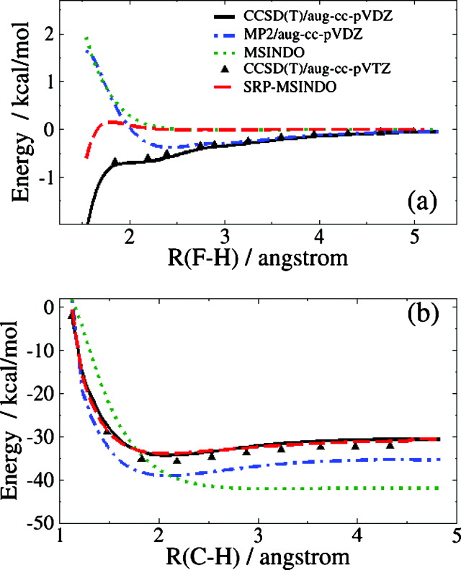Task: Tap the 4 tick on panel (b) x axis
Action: pyautogui.click(x=357, y=535)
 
